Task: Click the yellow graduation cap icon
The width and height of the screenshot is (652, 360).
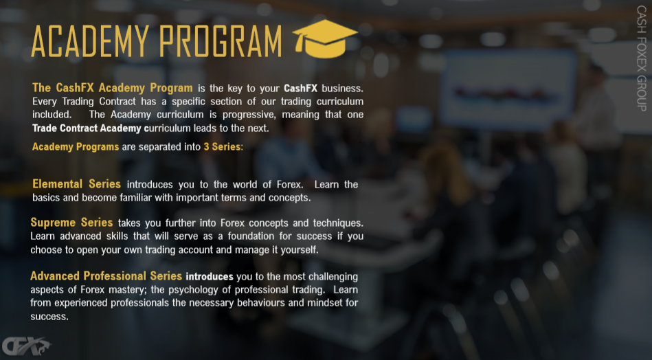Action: coord(325,38)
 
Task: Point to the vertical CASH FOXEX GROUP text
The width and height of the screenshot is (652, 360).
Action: coord(641,58)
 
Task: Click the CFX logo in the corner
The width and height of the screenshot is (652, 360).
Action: coord(26,346)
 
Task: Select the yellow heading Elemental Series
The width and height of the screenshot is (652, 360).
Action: coord(76,183)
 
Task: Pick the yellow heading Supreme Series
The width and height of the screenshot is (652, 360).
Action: coord(71,223)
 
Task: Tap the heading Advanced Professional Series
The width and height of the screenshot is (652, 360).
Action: coord(106,276)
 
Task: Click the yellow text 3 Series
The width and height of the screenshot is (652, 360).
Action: coord(222,147)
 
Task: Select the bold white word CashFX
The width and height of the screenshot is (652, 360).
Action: coord(301,88)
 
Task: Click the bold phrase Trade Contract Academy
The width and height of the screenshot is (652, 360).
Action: coord(87,128)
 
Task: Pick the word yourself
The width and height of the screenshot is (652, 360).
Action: coord(300,250)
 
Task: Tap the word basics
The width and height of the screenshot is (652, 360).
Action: coord(46,197)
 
